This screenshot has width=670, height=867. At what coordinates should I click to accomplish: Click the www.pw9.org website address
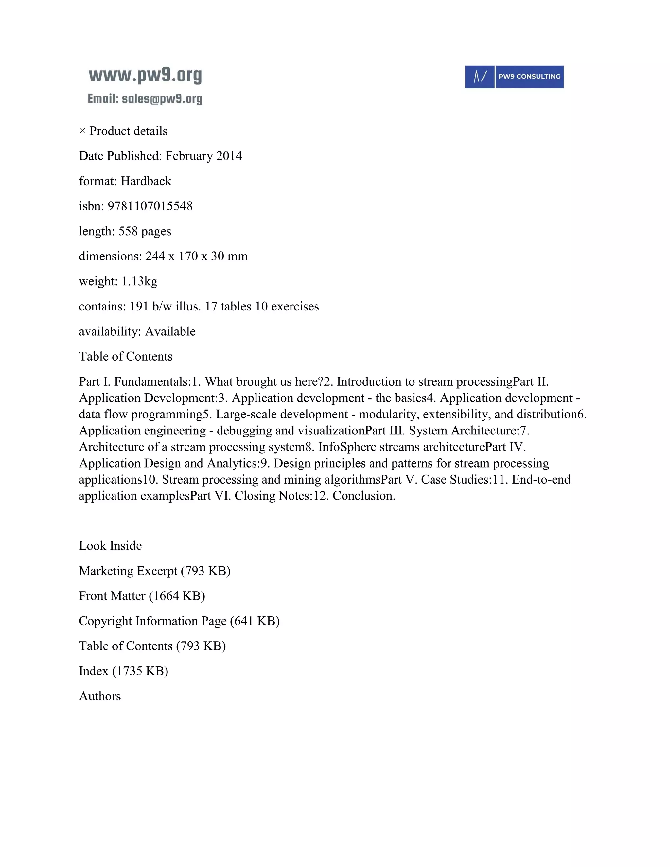(x=145, y=76)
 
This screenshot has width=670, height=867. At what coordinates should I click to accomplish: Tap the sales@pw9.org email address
(x=162, y=99)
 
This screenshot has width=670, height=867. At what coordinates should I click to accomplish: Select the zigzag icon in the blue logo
(x=480, y=77)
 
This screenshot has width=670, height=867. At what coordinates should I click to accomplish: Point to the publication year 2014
(x=229, y=156)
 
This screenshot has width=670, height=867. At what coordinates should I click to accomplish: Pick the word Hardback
(x=146, y=181)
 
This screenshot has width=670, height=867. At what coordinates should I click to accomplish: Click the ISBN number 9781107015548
(x=150, y=206)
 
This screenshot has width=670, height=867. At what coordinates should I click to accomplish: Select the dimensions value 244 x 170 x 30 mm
(x=197, y=256)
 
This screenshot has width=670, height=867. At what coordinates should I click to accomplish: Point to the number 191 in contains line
(x=139, y=307)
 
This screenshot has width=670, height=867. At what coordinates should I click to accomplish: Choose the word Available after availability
(x=170, y=331)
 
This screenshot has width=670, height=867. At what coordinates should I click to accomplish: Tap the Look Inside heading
(x=110, y=546)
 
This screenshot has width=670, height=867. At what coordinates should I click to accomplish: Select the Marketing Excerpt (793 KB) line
(x=154, y=571)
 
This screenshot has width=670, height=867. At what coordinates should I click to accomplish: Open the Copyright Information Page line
(x=179, y=621)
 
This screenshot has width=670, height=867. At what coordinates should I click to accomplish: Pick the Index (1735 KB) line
(x=123, y=671)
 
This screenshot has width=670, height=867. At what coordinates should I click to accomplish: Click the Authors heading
(x=100, y=696)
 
